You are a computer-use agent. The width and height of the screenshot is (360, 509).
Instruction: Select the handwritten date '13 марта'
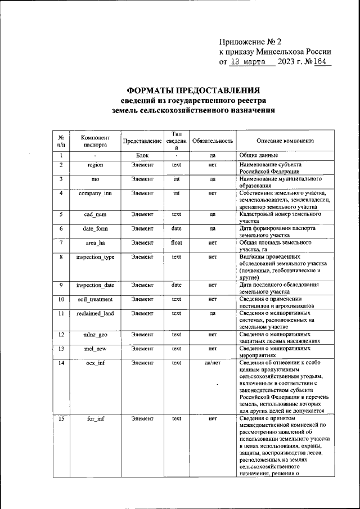click(x=250, y=61)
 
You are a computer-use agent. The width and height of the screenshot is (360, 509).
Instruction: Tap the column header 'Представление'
click(x=138, y=141)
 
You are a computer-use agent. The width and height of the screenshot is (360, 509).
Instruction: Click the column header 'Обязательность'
click(x=213, y=141)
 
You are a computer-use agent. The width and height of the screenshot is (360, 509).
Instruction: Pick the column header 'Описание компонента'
click(x=285, y=141)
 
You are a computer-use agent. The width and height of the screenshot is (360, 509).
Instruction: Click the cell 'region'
click(x=95, y=165)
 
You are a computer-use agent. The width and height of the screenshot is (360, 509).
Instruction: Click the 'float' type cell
click(x=176, y=242)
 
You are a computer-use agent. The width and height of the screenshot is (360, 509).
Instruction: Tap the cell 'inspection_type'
click(x=95, y=256)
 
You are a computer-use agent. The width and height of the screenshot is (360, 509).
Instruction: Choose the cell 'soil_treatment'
click(x=95, y=299)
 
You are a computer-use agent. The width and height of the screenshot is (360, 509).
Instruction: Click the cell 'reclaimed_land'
click(x=95, y=313)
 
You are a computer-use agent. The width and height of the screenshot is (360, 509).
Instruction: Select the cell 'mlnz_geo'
click(x=95, y=335)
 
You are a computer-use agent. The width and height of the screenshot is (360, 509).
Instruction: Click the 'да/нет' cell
click(x=213, y=363)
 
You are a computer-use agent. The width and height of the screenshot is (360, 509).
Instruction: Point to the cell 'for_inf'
click(x=95, y=419)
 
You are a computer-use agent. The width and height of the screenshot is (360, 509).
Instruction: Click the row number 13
click(x=61, y=349)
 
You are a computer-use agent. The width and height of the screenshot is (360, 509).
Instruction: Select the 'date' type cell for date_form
click(x=176, y=228)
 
